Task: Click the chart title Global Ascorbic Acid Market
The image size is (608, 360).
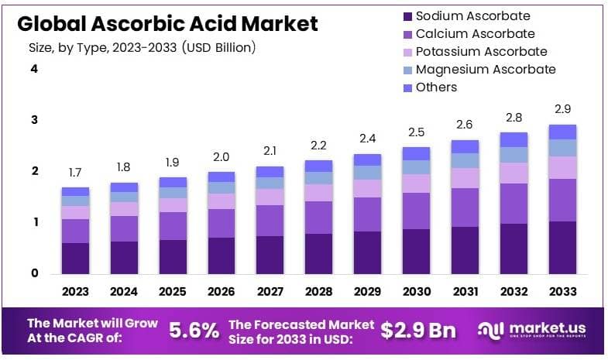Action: (167, 24)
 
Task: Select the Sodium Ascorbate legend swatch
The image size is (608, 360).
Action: (407, 16)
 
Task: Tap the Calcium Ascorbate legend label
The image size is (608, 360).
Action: (475, 33)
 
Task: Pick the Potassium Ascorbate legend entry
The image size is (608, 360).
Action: (481, 52)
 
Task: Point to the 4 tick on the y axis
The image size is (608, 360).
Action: (34, 69)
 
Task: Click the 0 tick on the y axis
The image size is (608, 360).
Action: (34, 273)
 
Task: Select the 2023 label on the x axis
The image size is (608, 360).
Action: (76, 292)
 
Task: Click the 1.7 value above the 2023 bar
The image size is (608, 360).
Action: (76, 173)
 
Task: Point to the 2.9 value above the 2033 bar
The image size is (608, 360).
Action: (562, 109)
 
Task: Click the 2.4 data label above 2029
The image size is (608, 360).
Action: (368, 139)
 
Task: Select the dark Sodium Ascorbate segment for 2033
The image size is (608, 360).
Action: (562, 248)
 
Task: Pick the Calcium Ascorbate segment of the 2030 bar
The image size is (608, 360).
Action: (417, 211)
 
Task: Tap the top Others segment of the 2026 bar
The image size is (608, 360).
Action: (222, 177)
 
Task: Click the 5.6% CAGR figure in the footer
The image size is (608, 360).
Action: (194, 331)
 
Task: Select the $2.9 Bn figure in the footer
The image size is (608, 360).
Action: (418, 331)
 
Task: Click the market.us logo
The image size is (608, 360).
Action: (535, 331)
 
